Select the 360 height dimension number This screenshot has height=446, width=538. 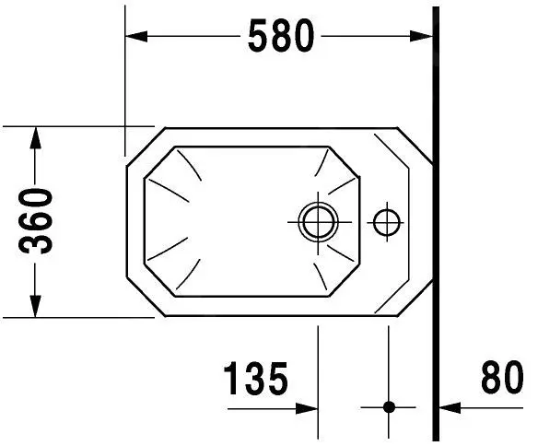pyautogui.click(x=37, y=221)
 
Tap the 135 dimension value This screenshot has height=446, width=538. pyautogui.click(x=255, y=380)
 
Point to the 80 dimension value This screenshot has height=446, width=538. pyautogui.click(x=501, y=380)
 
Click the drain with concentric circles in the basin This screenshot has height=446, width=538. pyautogui.click(x=318, y=220)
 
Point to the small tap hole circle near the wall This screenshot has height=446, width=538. pyautogui.click(x=386, y=220)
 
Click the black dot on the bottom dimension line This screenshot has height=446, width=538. pyautogui.click(x=388, y=405)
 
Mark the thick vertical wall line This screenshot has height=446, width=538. pyautogui.click(x=435, y=221)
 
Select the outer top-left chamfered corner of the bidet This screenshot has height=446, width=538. pyautogui.click(x=140, y=147)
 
